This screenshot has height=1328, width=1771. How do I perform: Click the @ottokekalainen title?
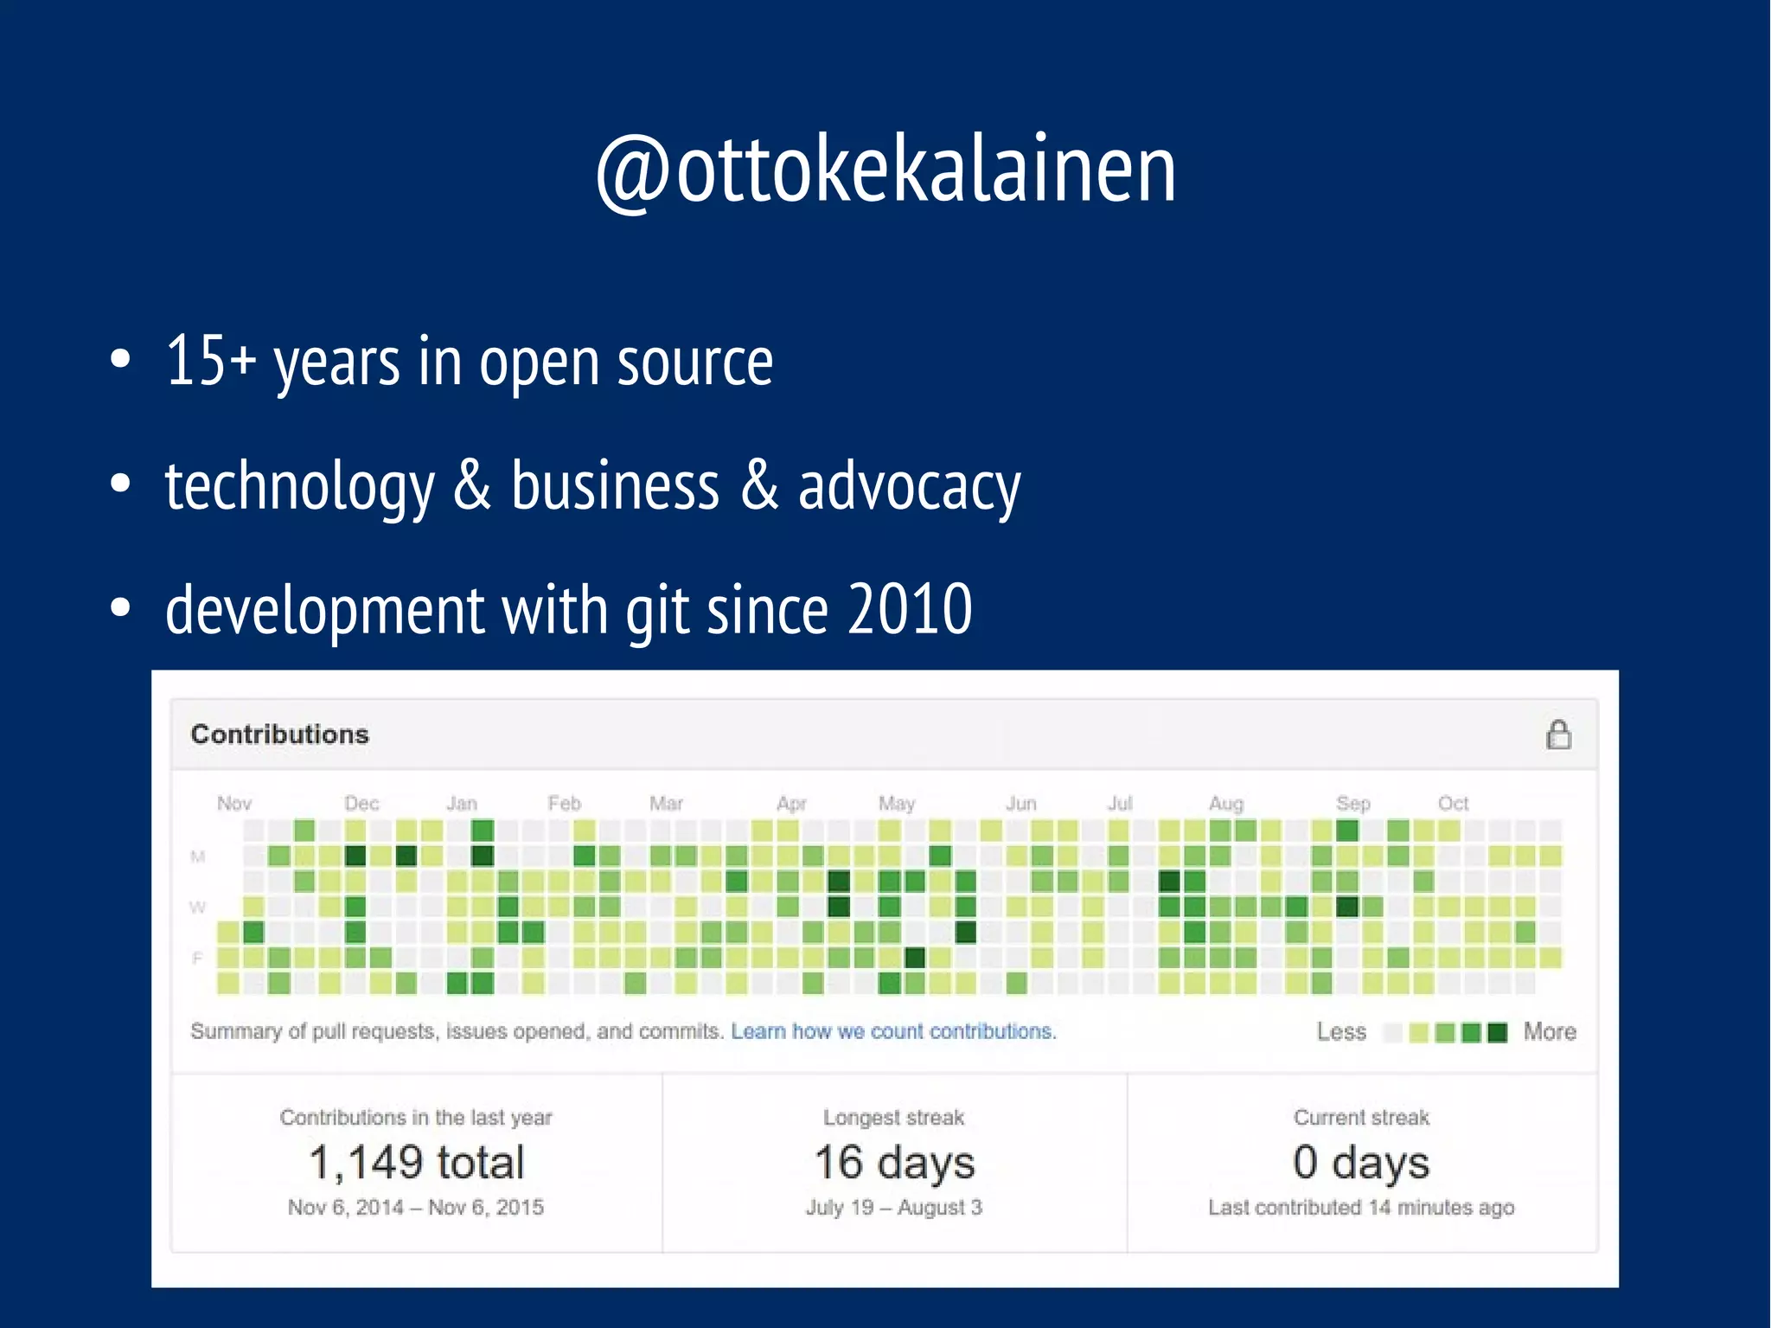pyautogui.click(x=885, y=170)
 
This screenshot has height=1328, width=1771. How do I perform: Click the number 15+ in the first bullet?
pyautogui.click(x=210, y=361)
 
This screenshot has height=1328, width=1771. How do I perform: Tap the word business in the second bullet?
pyautogui.click(x=614, y=486)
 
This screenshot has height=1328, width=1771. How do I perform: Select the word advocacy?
pyautogui.click(x=909, y=488)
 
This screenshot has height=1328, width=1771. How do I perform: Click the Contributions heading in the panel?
pyautogui.click(x=279, y=735)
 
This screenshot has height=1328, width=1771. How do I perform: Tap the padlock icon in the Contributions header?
pyautogui.click(x=1558, y=735)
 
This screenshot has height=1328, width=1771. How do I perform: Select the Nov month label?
pyautogui.click(x=233, y=804)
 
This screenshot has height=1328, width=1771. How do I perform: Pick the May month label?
pyautogui.click(x=896, y=804)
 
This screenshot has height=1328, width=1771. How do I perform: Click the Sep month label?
pyautogui.click(x=1352, y=804)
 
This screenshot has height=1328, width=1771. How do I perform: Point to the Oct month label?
pyautogui.click(x=1453, y=804)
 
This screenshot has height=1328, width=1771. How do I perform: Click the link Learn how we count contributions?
pyautogui.click(x=893, y=1031)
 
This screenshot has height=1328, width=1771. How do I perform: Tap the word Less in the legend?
pyautogui.click(x=1341, y=1032)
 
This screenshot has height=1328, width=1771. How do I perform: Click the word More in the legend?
pyautogui.click(x=1549, y=1032)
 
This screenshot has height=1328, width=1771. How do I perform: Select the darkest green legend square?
pyautogui.click(x=1498, y=1032)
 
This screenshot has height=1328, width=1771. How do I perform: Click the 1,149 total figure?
pyautogui.click(x=416, y=1162)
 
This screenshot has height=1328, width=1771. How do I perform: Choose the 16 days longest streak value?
pyautogui.click(x=894, y=1162)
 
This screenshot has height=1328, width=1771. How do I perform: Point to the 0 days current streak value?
pyautogui.click(x=1361, y=1162)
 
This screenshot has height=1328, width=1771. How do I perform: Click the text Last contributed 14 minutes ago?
pyautogui.click(x=1361, y=1208)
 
